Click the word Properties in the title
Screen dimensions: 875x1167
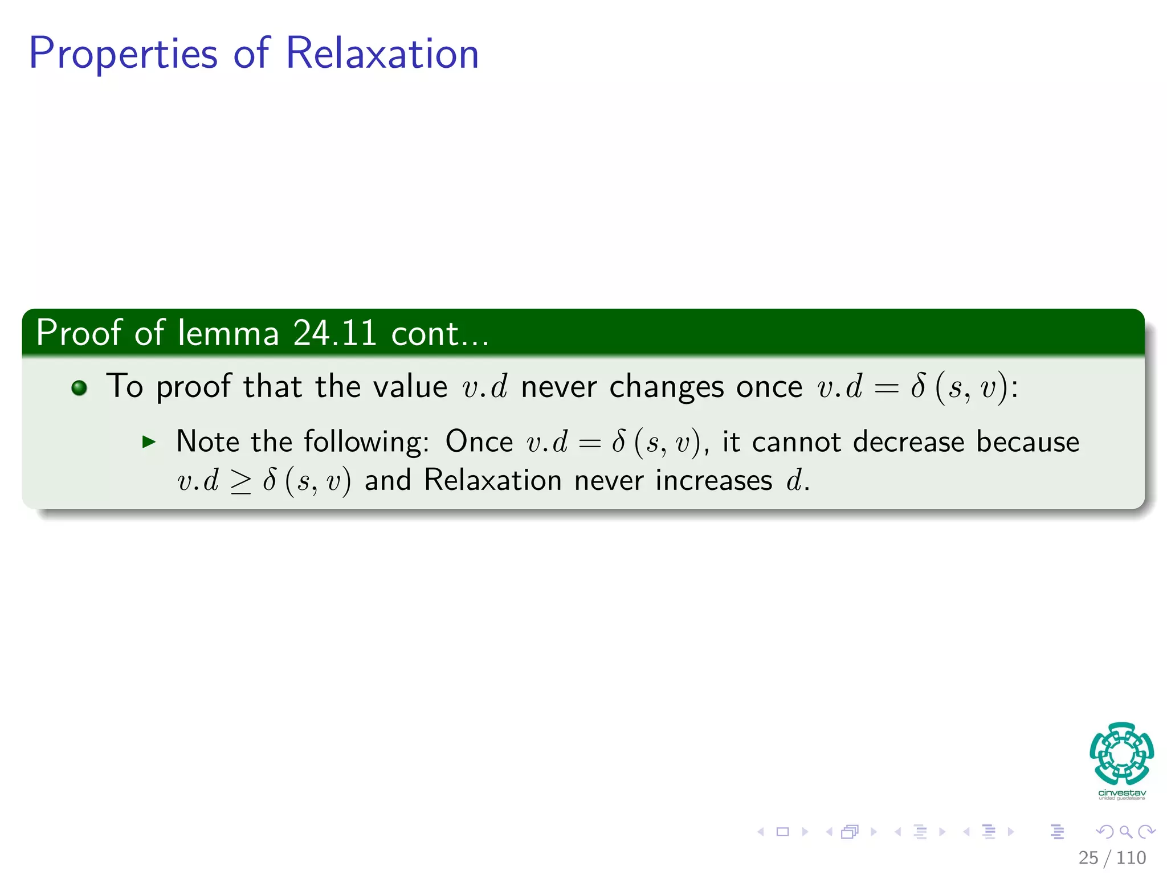pos(123,54)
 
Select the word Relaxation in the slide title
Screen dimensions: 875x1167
pos(382,53)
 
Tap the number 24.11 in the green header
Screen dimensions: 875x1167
pos(334,333)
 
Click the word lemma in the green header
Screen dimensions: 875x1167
pos(228,333)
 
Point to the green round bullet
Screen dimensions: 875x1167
pos(79,388)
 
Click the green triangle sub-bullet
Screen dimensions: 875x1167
pos(149,441)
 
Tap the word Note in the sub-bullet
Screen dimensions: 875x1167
pos(207,441)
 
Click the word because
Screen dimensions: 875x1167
pos(1027,441)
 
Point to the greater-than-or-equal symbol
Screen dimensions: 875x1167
pos(240,482)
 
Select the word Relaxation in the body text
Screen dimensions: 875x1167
pos(493,480)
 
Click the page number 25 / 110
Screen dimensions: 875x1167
pos(1112,857)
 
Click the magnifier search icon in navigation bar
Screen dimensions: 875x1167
pos(1125,832)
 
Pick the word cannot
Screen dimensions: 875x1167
pos(796,441)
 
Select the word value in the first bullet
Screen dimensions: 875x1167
pos(410,387)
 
